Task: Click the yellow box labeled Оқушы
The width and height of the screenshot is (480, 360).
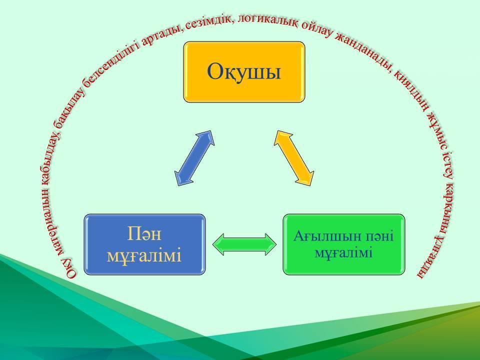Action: pyautogui.click(x=244, y=72)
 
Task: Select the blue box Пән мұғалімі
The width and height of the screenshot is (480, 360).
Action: pyautogui.click(x=144, y=244)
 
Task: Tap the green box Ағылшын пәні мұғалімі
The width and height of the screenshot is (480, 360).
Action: pyautogui.click(x=344, y=244)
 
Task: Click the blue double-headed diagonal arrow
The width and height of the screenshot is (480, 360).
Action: pyautogui.click(x=194, y=158)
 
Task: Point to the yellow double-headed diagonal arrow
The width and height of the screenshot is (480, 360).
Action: pyautogui.click(x=294, y=158)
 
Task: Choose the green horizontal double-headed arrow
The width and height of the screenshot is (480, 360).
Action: pyautogui.click(x=244, y=244)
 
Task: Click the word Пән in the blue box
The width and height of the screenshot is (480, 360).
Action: pyautogui.click(x=144, y=234)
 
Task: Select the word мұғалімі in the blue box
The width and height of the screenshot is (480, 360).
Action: pyautogui.click(x=144, y=256)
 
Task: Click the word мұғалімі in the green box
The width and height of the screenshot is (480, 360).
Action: pyautogui.click(x=343, y=253)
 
